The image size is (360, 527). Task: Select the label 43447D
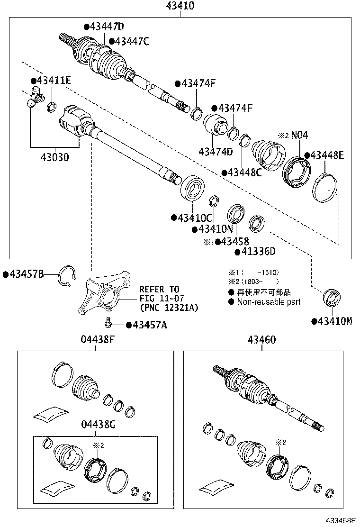point(106,27)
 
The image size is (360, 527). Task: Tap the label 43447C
point(129,42)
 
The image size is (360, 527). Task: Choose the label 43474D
point(216,152)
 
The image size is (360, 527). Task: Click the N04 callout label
point(299,136)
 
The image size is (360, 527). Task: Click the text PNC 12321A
point(169,307)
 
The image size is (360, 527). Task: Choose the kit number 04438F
point(97,340)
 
